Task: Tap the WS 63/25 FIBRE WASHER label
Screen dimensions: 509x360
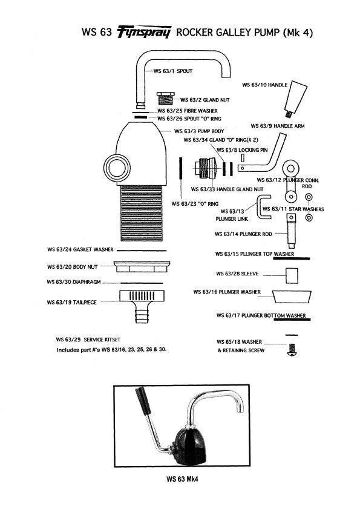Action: (x=188, y=111)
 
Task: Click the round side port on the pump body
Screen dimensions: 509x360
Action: (x=114, y=166)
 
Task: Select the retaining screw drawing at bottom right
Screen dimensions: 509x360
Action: (x=292, y=350)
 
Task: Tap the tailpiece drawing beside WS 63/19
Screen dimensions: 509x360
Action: (x=140, y=302)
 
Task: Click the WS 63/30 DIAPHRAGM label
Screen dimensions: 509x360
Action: (x=76, y=283)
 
